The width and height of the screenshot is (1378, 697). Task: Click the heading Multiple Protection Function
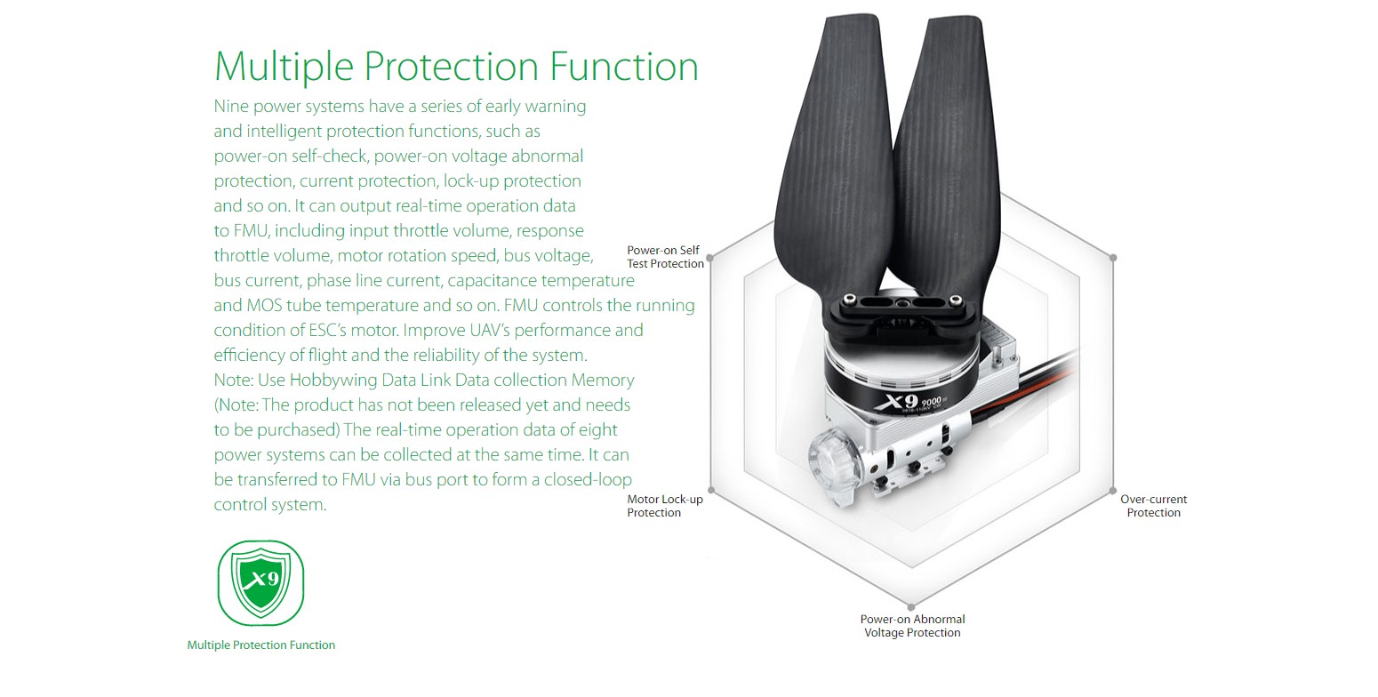pos(456,67)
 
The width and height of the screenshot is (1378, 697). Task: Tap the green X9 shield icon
pos(260,582)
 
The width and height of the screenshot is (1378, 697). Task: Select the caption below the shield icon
pos(260,645)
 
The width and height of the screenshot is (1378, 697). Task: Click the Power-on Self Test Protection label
pos(664,257)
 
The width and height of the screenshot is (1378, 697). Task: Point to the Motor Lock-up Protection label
pos(664,506)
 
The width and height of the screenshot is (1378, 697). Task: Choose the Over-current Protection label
pos(1153,506)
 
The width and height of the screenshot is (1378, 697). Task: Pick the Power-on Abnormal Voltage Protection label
pos(912,626)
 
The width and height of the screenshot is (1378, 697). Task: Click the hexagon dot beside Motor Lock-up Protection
pos(711,490)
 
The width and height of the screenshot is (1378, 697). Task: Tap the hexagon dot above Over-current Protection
pos(1112,490)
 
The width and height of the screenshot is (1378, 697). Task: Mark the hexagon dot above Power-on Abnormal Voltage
pos(911,607)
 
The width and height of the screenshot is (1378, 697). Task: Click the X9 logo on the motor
pos(895,403)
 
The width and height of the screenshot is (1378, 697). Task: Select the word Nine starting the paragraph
pos(231,107)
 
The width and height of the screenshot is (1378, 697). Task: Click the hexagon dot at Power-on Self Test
pos(711,258)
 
